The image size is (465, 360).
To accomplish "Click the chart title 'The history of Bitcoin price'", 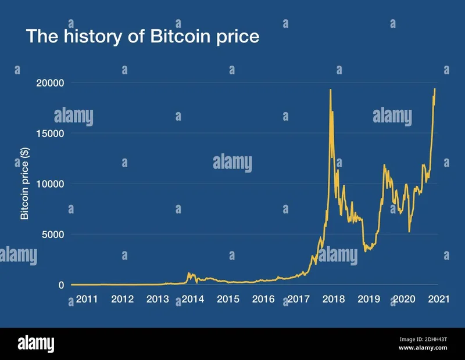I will tap(142, 36).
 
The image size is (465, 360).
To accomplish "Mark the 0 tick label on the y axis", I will tap(61, 285).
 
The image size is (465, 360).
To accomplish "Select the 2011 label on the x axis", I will tap(87, 299).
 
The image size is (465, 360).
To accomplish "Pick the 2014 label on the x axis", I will tap(192, 299).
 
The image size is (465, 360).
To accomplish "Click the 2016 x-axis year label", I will tap(263, 299).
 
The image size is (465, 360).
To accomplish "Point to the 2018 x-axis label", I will tap(333, 299).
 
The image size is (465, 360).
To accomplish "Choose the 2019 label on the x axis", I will tap(368, 299).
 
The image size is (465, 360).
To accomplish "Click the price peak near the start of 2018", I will tap(331, 90).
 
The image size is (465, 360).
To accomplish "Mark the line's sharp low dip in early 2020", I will tap(409, 232).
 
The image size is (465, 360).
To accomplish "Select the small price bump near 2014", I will tap(189, 273).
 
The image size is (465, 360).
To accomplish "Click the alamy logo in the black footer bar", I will tap(36, 343).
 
